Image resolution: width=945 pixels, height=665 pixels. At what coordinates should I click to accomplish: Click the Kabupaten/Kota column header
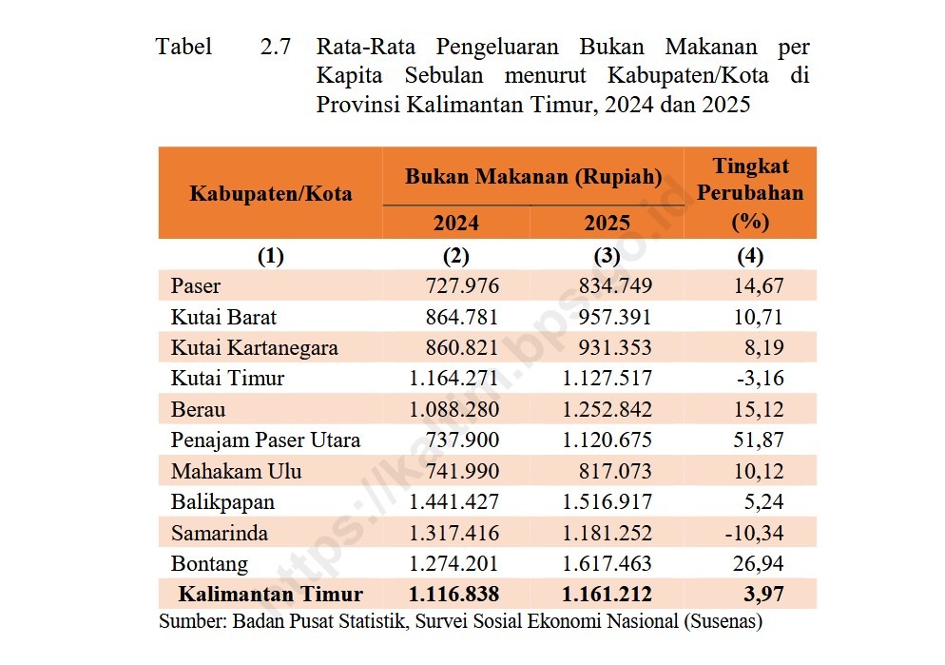[271, 194]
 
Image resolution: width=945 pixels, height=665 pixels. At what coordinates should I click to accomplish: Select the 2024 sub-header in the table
[456, 224]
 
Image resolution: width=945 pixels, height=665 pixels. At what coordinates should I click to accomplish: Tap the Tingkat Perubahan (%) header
[750, 193]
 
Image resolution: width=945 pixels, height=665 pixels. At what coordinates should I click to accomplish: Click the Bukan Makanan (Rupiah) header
[533, 177]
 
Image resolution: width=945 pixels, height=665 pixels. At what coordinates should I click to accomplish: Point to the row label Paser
[196, 286]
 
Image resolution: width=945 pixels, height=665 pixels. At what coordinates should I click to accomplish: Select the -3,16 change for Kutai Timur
[760, 378]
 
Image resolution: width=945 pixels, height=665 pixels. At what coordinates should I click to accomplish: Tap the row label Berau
[198, 409]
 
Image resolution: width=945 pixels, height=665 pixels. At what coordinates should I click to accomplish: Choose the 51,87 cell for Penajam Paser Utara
[760, 440]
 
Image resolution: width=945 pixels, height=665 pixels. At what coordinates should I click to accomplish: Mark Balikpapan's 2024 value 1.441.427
[453, 502]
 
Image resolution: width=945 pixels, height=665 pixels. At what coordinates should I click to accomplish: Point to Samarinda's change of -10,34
[755, 533]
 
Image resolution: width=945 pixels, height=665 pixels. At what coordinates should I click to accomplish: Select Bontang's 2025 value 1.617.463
[607, 564]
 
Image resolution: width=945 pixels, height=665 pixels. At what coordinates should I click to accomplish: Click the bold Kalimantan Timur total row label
[271, 595]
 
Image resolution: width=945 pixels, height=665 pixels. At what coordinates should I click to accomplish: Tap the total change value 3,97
[765, 595]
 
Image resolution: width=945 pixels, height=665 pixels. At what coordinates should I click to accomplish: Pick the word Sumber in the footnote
[187, 622]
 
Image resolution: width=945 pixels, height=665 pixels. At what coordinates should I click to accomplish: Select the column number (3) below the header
[607, 255]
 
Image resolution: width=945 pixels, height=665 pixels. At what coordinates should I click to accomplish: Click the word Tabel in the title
[184, 47]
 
